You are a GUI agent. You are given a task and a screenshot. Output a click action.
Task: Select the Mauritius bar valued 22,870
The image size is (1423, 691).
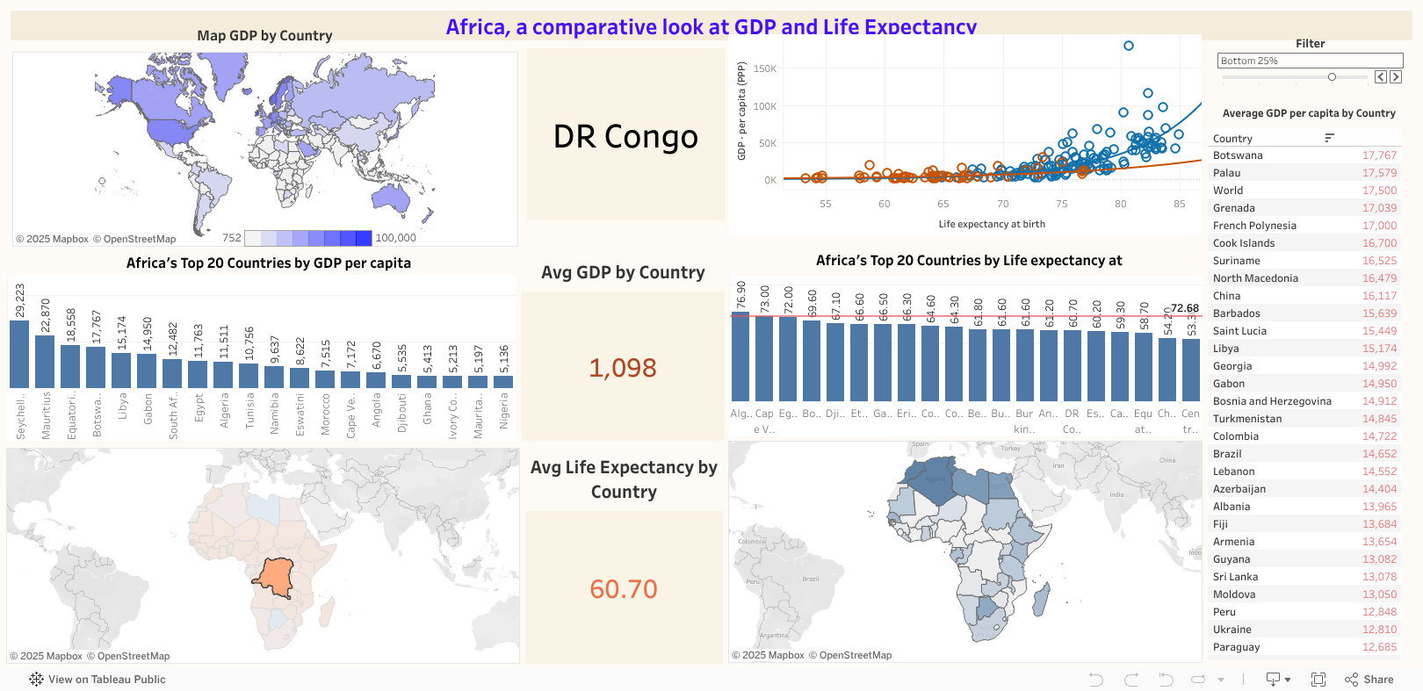[x=45, y=361]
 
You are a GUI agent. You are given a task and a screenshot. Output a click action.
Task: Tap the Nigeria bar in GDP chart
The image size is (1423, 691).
[x=503, y=381]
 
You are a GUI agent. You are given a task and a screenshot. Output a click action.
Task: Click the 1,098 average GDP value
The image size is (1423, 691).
[x=623, y=368]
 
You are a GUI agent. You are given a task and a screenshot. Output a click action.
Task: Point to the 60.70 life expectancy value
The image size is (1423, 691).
[x=623, y=589]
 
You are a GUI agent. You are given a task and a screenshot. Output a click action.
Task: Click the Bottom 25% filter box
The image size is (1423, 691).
[x=1309, y=61]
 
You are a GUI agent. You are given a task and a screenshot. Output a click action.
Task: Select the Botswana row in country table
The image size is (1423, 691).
[x=1238, y=155]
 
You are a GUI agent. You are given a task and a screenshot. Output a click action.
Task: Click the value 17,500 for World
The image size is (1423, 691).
[x=1379, y=191]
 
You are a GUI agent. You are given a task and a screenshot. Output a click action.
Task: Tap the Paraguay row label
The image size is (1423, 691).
[x=1236, y=647]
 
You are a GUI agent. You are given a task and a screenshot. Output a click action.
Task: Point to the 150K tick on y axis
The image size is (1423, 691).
[x=764, y=68]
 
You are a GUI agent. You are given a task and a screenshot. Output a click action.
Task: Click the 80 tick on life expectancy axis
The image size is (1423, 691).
[x=1120, y=204]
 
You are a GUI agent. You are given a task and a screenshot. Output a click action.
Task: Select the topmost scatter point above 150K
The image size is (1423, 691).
[x=1129, y=46]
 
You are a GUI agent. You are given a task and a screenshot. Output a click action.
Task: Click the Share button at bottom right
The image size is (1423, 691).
[x=1369, y=680]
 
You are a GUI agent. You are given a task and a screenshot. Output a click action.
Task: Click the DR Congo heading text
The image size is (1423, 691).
[x=625, y=137]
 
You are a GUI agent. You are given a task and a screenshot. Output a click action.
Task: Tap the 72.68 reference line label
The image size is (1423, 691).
[x=1185, y=308]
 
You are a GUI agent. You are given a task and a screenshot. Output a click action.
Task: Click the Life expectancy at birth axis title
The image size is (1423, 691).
[x=992, y=224]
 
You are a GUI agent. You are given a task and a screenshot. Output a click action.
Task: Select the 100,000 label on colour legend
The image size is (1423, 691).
[x=395, y=238]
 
